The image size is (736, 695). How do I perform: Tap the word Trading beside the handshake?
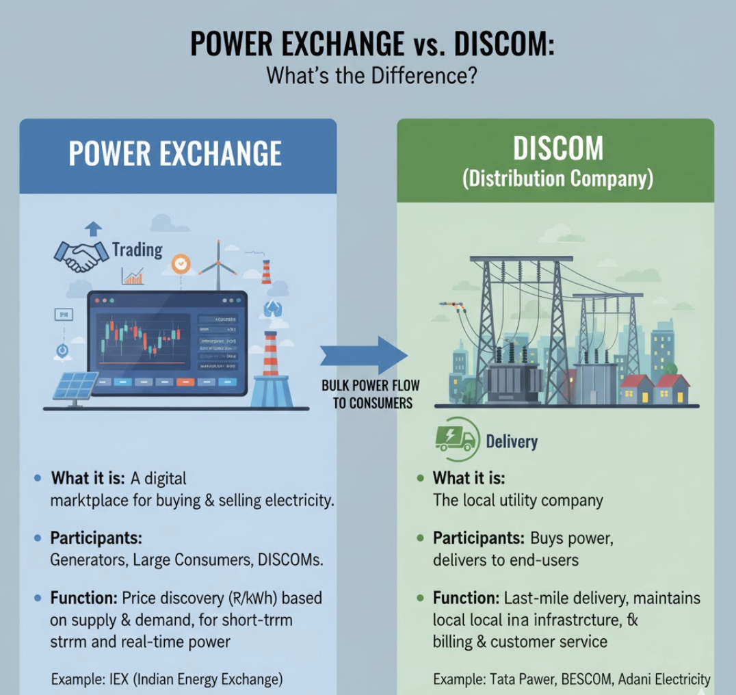click(x=137, y=250)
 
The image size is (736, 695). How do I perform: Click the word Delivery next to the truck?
click(x=512, y=442)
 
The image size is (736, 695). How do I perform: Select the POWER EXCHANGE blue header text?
click(x=175, y=154)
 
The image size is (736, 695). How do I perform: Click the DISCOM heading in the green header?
click(x=557, y=148)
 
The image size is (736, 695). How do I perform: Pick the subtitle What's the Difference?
click(x=371, y=75)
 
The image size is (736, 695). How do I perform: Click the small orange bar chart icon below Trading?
click(x=133, y=276)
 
